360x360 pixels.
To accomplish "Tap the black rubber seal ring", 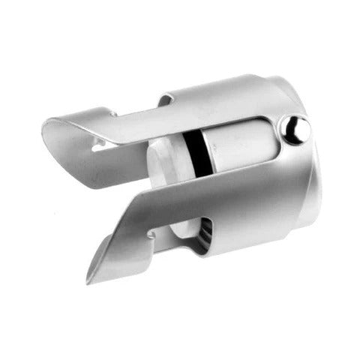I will pos(196,146).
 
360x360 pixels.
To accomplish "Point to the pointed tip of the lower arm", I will pos(91,280).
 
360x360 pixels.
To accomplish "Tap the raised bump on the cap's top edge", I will pos(166,98).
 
